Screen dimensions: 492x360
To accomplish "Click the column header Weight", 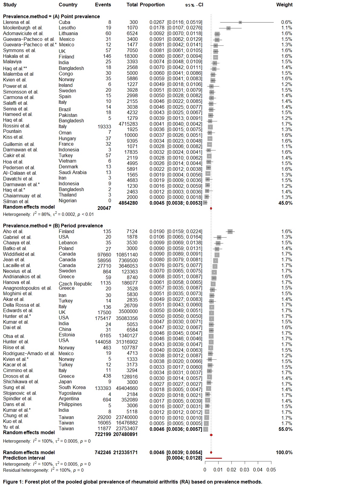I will [284, 5].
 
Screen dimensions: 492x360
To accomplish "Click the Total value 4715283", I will [128, 124].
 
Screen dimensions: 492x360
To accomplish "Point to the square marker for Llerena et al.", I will [240, 22].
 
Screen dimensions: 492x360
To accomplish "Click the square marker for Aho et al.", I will [230, 232].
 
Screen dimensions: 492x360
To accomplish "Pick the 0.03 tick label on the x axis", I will [244, 470].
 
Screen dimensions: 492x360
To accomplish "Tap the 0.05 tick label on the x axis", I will [271, 470].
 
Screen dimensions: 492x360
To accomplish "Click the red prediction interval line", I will [213, 458].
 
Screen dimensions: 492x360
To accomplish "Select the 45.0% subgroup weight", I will [285, 203].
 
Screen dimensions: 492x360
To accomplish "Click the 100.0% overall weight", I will [284, 452].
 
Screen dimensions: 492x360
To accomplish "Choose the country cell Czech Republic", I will [75, 284].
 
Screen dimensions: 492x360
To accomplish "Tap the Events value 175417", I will [103, 318].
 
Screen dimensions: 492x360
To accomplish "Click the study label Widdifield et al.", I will [19, 254].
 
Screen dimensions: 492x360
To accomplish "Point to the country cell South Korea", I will [72, 388].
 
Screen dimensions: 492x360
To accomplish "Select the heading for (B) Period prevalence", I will [53, 226].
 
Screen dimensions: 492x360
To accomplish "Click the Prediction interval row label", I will [24, 458].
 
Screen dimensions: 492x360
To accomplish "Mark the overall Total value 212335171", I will [125, 452].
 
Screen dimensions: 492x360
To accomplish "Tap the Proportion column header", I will [152, 5].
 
